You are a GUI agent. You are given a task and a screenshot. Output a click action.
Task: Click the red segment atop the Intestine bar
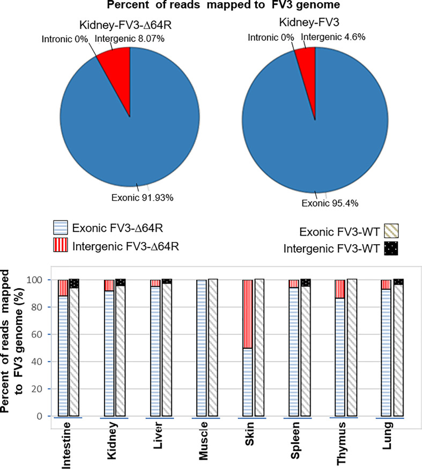63,288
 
